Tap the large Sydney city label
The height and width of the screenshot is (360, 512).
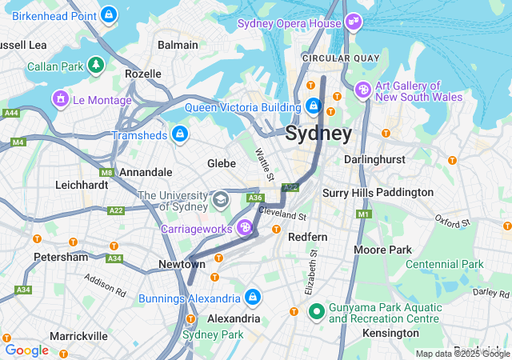[x=318, y=133]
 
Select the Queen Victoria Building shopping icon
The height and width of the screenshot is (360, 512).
[x=314, y=106]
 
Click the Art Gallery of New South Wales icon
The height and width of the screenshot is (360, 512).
[x=363, y=90]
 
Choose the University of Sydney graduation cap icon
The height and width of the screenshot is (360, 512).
[x=220, y=198]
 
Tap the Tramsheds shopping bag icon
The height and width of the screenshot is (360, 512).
[x=180, y=134]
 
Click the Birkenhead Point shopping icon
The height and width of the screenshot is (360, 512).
[x=110, y=14]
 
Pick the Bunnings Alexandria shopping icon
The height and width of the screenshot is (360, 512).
[x=253, y=298]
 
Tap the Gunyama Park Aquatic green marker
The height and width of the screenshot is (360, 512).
[x=316, y=311]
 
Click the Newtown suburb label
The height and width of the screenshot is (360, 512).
[x=181, y=264]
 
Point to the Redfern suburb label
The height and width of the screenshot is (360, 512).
[x=308, y=238]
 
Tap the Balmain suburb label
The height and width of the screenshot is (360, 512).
[x=178, y=46]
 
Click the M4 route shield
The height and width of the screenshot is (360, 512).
[x=18, y=142]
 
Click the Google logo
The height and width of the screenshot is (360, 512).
[x=26, y=350]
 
